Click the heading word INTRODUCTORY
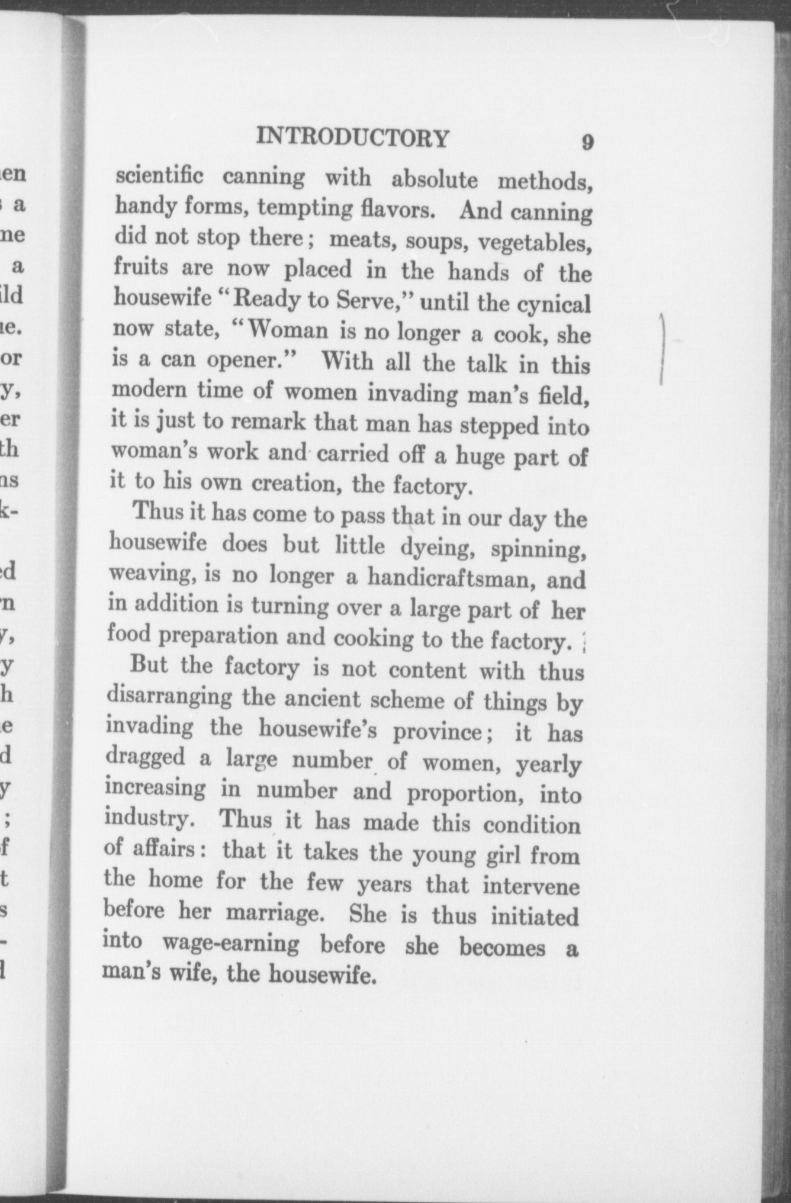(353, 138)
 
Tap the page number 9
(587, 143)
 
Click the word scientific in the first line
(159, 176)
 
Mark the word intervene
(530, 886)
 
